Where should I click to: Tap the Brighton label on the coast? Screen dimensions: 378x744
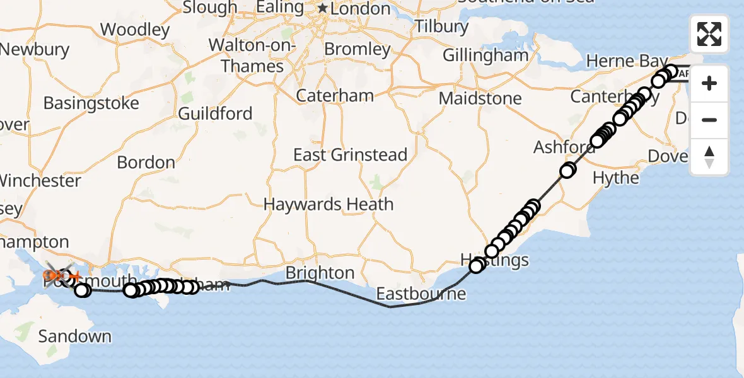coord(320,273)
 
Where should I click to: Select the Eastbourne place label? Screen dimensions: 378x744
coord(421,294)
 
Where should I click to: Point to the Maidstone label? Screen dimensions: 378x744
coord(480,98)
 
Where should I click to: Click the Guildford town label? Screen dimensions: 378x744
coord(215,113)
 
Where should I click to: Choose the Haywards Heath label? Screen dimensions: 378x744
coord(328,204)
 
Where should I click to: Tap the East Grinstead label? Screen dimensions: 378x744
coord(350,154)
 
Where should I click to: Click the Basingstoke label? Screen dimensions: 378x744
coord(91,103)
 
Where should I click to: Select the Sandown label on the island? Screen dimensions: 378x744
coord(74,336)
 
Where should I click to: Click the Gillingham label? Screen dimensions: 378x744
coord(485,55)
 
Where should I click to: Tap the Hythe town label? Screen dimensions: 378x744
coord(616,178)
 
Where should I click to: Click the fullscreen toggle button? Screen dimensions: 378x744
coord(709,34)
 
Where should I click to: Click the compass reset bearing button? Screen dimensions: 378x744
coord(709,157)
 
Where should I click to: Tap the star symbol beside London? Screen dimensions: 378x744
coord(323,8)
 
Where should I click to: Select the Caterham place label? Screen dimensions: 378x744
coord(335,96)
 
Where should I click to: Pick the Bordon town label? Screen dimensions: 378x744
coord(146,162)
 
